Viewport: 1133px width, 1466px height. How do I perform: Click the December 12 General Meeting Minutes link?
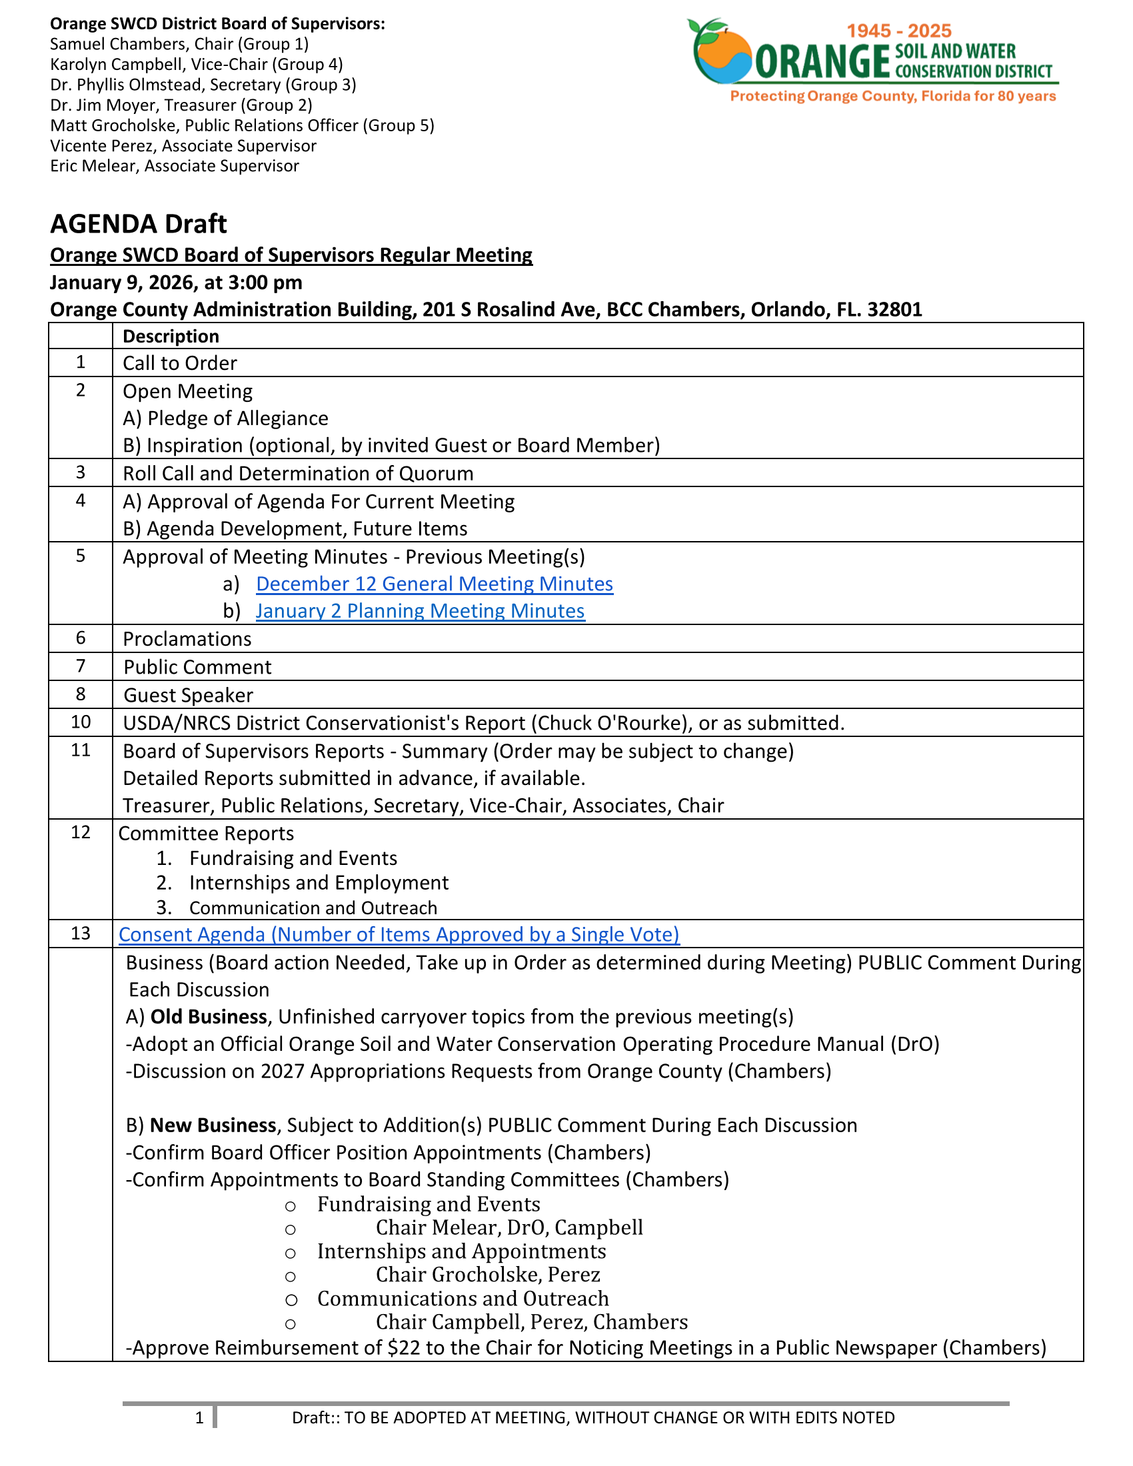(435, 584)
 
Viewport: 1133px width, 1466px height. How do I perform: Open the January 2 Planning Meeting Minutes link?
(420, 611)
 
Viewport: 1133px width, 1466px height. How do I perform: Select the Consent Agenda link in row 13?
(399, 934)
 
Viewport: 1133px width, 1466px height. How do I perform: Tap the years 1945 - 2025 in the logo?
(899, 31)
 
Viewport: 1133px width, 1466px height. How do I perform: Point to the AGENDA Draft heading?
(138, 223)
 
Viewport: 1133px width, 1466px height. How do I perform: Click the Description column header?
(171, 337)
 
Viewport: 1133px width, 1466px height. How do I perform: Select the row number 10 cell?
(81, 722)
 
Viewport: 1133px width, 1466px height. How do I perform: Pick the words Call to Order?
(180, 363)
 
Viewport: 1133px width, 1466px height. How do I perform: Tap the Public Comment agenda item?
(197, 667)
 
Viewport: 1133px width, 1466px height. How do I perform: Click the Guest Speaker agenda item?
(188, 696)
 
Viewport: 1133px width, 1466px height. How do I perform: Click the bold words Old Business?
(208, 1017)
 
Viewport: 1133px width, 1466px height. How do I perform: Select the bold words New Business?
(213, 1125)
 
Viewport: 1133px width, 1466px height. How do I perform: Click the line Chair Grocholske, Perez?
(487, 1274)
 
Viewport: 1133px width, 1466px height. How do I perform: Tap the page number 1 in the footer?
(199, 1417)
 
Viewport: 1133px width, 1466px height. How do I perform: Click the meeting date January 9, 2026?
(118, 283)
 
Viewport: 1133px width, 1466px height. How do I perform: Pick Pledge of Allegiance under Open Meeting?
(238, 418)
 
